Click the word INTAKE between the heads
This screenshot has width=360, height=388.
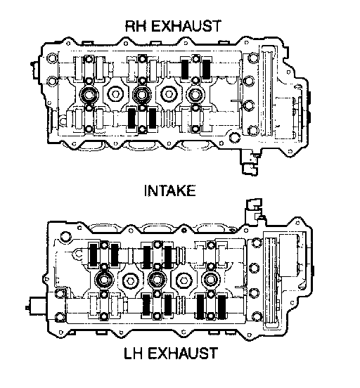tap(170, 190)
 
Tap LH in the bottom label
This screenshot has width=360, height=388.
tap(133, 353)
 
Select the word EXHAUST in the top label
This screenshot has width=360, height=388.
tap(186, 26)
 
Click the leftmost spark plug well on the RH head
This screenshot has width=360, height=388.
tap(89, 95)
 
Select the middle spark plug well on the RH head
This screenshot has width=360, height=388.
tap(142, 94)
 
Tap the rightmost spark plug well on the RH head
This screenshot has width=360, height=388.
tap(195, 95)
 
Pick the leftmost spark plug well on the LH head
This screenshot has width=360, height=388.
tap(104, 280)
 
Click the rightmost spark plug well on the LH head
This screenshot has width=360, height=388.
tap(211, 280)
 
